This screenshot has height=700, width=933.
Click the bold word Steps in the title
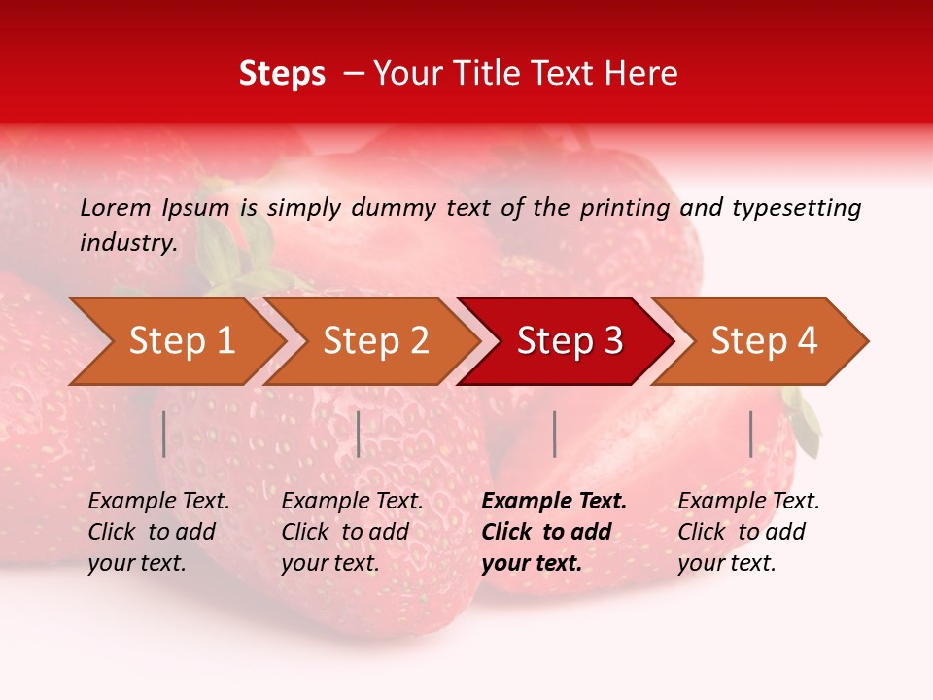pyautogui.click(x=282, y=74)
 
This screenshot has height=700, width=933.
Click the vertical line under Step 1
pyautogui.click(x=164, y=434)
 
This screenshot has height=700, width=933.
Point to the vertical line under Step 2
pyautogui.click(x=359, y=434)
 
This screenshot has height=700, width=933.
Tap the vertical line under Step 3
pyautogui.click(x=554, y=434)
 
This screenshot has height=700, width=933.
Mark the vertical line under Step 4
pyautogui.click(x=750, y=434)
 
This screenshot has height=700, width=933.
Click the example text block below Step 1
pyautogui.click(x=158, y=532)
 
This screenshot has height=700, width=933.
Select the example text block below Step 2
pyautogui.click(x=352, y=532)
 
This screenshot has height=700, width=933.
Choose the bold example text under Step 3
pyautogui.click(x=554, y=532)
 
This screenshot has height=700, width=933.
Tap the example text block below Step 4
pyautogui.click(x=748, y=532)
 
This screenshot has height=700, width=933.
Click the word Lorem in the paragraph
pyautogui.click(x=115, y=208)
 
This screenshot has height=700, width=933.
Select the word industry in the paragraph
pyautogui.click(x=127, y=243)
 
